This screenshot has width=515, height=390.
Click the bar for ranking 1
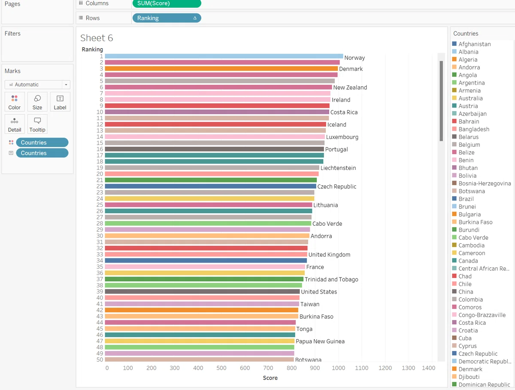point(224,56)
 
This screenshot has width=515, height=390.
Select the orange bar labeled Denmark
point(221,69)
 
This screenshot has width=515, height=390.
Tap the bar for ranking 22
point(210,186)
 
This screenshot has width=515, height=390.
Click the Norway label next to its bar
point(354,57)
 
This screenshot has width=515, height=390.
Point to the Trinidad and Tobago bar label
point(331,279)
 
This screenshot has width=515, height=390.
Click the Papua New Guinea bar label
point(320,341)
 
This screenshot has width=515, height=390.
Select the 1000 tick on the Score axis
point(338,368)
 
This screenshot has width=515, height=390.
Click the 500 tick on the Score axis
point(221,368)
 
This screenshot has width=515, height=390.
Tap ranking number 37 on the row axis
point(100,279)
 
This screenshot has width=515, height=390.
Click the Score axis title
point(270,378)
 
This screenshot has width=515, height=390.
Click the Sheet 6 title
point(97,38)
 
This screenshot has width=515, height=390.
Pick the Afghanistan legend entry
point(472,44)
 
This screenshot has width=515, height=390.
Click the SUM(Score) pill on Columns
point(167,3)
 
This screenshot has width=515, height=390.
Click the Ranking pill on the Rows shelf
point(167,18)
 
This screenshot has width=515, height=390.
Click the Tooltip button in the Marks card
point(37,124)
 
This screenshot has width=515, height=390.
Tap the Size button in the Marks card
point(37,102)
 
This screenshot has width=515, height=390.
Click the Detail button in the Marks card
point(15,124)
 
